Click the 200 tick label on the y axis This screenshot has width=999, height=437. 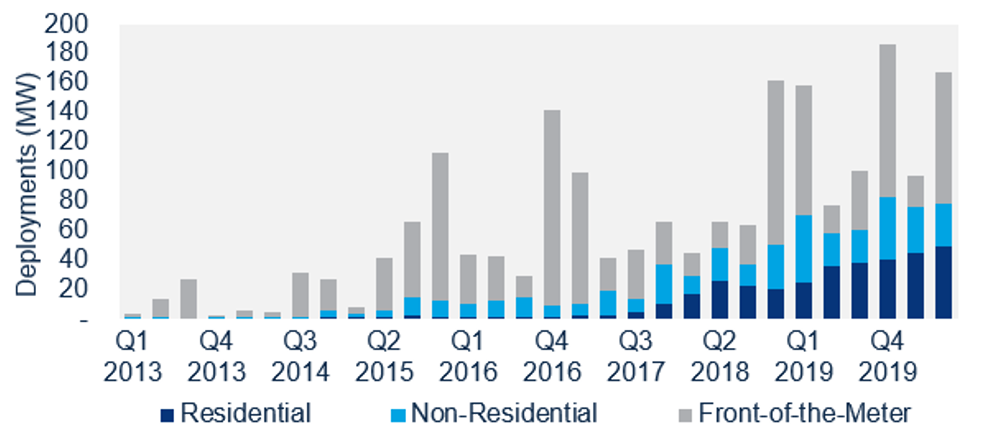point(65,24)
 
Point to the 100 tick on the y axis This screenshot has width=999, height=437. point(65,170)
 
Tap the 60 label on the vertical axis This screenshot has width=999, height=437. point(73,228)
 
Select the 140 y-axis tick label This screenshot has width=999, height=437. point(65,111)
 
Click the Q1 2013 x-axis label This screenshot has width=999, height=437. point(132,356)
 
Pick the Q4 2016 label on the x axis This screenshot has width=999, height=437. point(552,356)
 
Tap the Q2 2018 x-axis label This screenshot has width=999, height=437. point(719,356)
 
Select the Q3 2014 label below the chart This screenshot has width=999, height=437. point(300,356)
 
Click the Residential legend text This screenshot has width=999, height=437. point(245,414)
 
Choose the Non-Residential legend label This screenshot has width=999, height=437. point(504,414)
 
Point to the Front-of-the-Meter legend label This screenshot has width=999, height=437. point(805,414)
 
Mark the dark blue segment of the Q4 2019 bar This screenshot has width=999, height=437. point(887,288)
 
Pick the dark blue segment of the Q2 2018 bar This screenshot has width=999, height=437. point(720,299)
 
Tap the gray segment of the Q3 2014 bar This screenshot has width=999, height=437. point(300,294)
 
